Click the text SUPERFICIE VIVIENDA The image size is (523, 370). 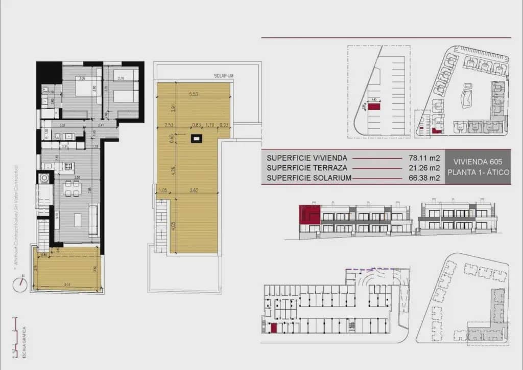(x=307, y=158)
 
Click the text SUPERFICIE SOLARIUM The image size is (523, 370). (x=309, y=178)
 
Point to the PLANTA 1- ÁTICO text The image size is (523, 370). (x=478, y=172)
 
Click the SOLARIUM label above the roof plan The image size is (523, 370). (x=224, y=76)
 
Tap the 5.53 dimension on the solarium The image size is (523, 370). (x=193, y=94)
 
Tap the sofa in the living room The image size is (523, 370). (x=93, y=219)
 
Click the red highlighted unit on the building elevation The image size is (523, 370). (x=309, y=214)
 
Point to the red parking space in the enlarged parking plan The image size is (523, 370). (x=375, y=107)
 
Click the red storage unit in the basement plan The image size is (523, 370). (x=273, y=329)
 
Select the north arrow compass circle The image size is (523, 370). (x=20, y=284)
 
